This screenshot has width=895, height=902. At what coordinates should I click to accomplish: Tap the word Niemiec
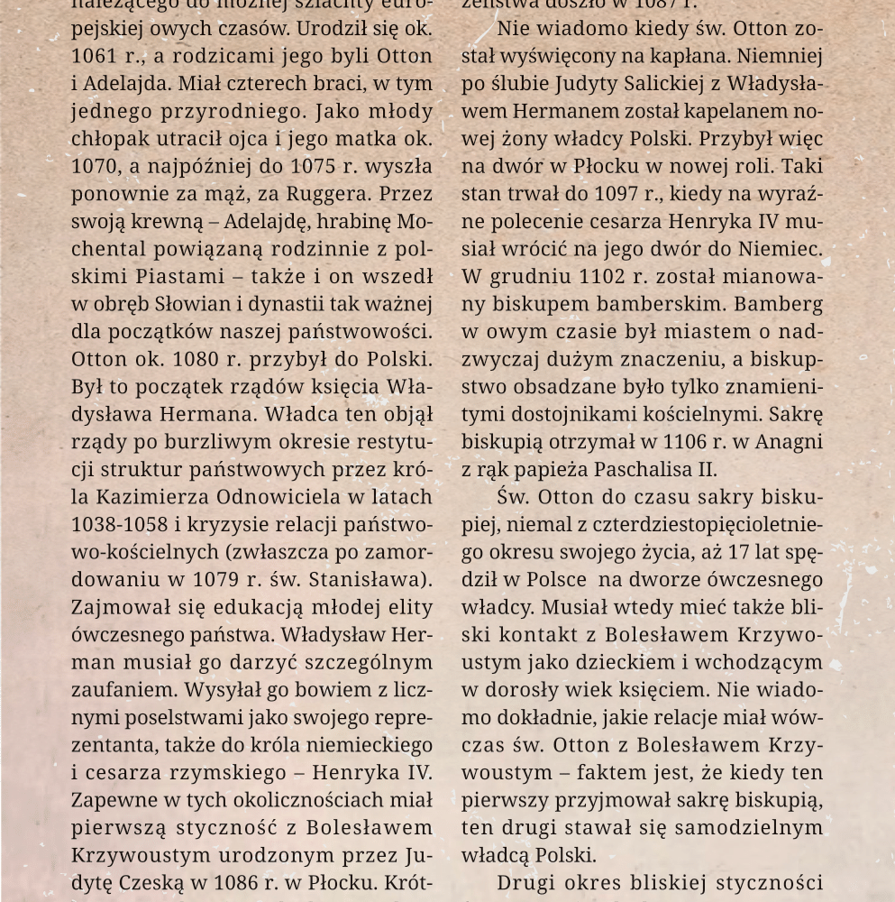(783, 249)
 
